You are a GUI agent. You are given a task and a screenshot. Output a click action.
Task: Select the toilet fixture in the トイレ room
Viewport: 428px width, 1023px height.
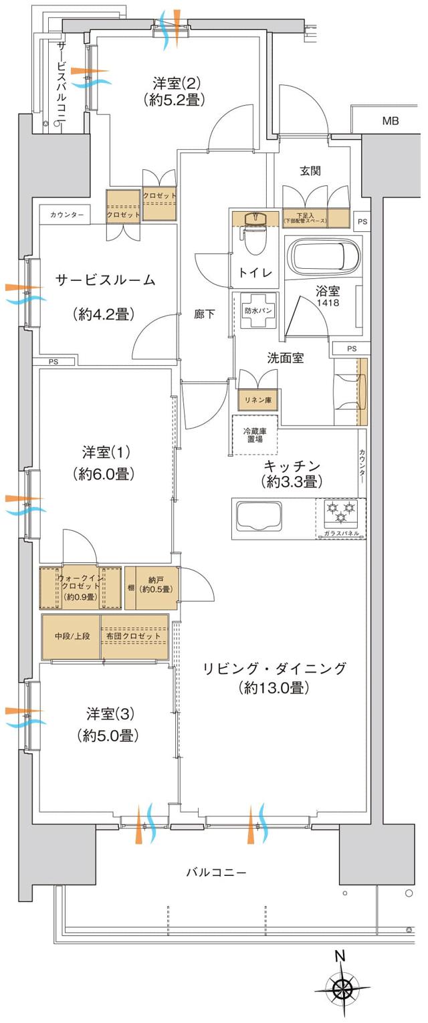point(253,238)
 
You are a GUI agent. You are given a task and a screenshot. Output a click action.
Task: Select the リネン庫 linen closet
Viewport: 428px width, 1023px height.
point(258,400)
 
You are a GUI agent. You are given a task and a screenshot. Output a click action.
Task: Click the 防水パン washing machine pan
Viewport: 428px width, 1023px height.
point(257,311)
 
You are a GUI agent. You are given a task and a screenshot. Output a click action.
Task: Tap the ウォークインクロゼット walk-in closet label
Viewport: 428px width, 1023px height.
point(80,587)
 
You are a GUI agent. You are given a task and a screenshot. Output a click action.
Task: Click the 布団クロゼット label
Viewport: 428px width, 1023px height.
point(133,637)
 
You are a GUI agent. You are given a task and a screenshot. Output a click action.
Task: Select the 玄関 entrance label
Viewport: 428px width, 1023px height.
point(309,170)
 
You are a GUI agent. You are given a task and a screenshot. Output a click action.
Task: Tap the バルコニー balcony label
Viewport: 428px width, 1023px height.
point(216,873)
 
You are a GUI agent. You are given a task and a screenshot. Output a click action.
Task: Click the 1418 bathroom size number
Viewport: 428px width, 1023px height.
point(327,303)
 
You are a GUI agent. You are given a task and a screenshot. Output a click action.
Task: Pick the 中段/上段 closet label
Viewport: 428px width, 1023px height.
point(70,637)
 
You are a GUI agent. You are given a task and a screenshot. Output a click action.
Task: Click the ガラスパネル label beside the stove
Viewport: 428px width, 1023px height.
point(340,533)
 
